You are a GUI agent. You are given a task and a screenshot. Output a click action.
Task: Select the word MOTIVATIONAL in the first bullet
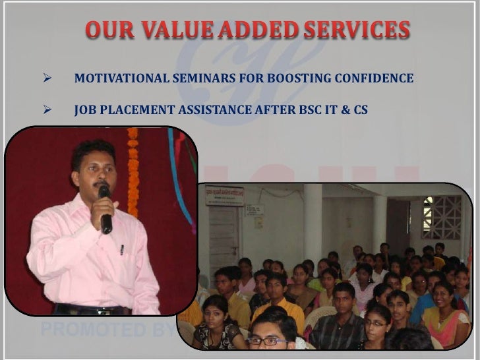click(x=119, y=79)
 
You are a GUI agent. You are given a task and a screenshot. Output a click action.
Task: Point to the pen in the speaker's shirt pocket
click(x=121, y=250)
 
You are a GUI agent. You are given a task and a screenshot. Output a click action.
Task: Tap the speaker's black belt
click(x=92, y=309)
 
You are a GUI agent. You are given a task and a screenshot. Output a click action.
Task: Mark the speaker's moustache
click(x=99, y=184)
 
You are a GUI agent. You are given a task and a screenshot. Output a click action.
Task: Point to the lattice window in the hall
click(x=442, y=217)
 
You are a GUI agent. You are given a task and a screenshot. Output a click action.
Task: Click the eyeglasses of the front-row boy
click(x=266, y=341)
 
